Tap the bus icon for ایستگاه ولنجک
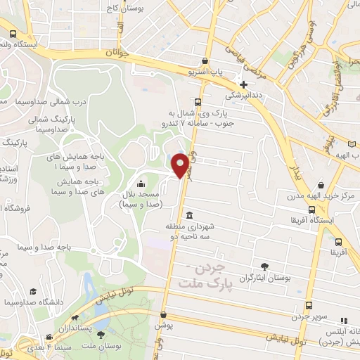click(13, 33)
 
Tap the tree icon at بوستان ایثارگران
click(264, 266)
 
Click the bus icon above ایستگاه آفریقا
click(311, 209)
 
